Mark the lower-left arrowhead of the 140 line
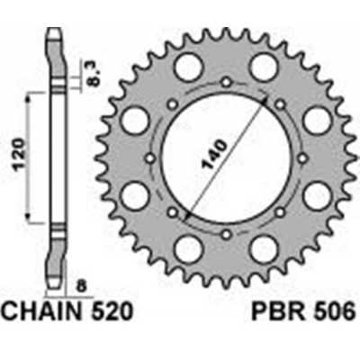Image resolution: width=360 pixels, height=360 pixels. pyautogui.click(x=183, y=217)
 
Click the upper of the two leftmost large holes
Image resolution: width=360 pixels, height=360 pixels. pyautogui.click(x=135, y=118)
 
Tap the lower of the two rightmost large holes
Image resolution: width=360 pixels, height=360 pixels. pyautogui.click(x=316, y=194)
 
